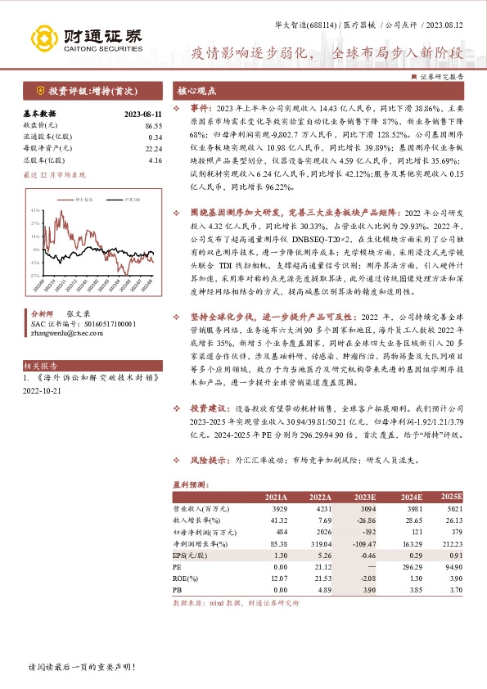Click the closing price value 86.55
[153, 126]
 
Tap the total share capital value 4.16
[156, 160]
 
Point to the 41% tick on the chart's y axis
[35, 210]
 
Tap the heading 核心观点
[196, 90]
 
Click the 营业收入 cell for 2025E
[453, 509]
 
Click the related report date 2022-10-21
[43, 391]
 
